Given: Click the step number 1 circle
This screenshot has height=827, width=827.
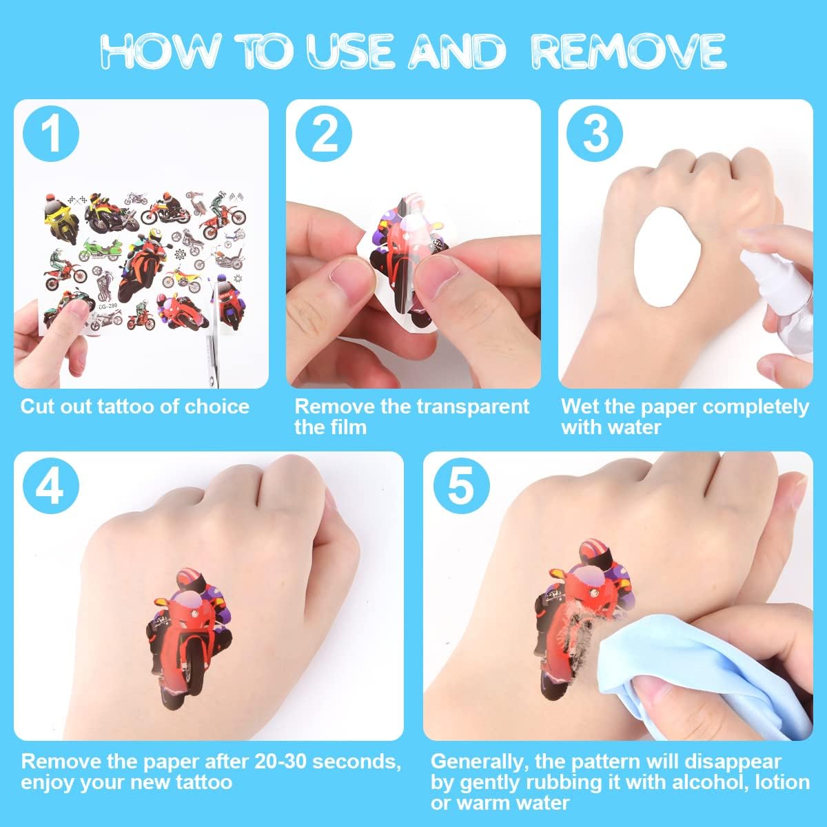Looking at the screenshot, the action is [50, 134].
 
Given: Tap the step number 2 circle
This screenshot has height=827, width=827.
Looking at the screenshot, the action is [324, 134].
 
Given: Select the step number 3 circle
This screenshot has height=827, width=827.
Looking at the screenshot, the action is [594, 134].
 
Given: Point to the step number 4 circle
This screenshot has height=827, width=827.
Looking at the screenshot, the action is [50, 487].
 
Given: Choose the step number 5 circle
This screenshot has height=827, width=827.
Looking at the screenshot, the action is [461, 487].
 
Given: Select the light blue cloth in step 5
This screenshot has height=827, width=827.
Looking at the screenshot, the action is [704, 682].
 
